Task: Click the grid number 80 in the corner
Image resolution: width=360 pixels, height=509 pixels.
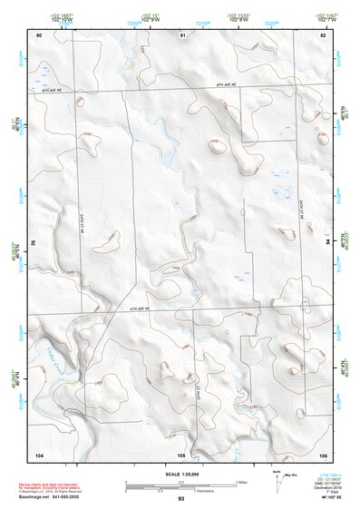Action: click(x=39, y=34)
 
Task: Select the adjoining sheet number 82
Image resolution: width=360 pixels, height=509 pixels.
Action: click(x=323, y=34)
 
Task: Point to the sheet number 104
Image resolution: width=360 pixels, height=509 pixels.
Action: click(x=39, y=453)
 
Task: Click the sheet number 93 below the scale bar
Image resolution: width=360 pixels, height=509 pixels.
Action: click(x=181, y=498)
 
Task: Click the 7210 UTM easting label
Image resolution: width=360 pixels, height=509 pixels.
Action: click(x=202, y=19)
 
